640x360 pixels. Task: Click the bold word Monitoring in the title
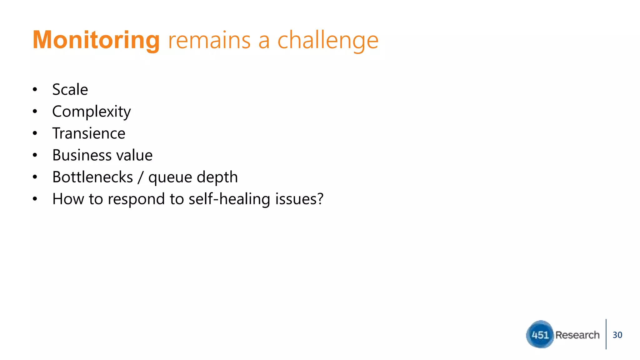click(96, 40)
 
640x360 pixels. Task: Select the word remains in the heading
click(209, 41)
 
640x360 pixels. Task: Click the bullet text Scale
click(70, 90)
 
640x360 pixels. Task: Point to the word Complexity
click(91, 112)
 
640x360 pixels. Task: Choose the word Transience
click(89, 133)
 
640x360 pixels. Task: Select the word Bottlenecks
click(92, 177)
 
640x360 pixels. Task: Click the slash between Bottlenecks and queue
click(141, 177)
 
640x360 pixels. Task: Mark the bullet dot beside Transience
click(35, 133)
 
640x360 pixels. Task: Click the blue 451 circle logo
click(540, 335)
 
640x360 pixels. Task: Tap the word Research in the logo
click(577, 335)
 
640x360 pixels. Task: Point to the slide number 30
click(617, 335)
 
